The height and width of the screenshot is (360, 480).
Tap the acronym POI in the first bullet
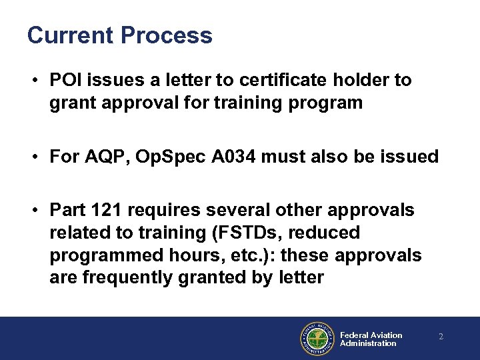pos(65,81)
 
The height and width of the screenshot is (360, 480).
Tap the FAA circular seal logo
pos(317,339)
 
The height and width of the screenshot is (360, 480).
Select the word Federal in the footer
pos(354,335)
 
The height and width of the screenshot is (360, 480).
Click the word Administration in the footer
pos(367,343)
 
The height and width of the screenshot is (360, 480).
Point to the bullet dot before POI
pos(33,81)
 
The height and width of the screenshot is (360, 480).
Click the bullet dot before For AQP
pos(33,158)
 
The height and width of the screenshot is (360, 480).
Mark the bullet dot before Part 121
pos(33,211)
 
